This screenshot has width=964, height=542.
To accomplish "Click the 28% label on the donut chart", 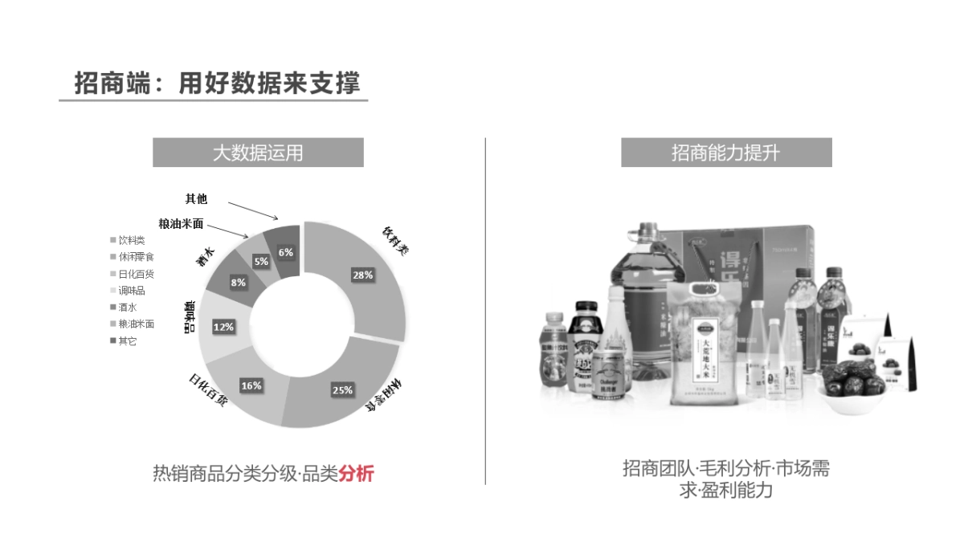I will [362, 275].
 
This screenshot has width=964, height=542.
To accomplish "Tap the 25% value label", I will [342, 390].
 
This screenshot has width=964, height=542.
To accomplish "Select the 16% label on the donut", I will [251, 385].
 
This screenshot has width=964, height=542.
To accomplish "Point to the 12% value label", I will [223, 327].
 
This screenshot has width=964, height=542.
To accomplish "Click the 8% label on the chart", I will [238, 283].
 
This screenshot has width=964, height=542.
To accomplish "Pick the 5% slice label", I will [261, 261].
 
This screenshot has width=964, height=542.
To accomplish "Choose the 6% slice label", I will [286, 252].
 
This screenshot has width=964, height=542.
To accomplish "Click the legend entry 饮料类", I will [132, 239].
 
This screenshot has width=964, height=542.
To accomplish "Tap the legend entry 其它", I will [128, 341].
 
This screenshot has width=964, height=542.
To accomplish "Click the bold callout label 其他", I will [196, 198].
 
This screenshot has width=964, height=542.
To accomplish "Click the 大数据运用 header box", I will [258, 153].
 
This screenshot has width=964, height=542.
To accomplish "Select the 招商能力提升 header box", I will [726, 153].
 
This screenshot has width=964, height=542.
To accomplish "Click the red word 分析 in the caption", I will [356, 474].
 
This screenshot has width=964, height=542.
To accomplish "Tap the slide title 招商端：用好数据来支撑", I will [217, 83].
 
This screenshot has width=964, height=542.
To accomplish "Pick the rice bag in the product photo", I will [704, 341].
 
